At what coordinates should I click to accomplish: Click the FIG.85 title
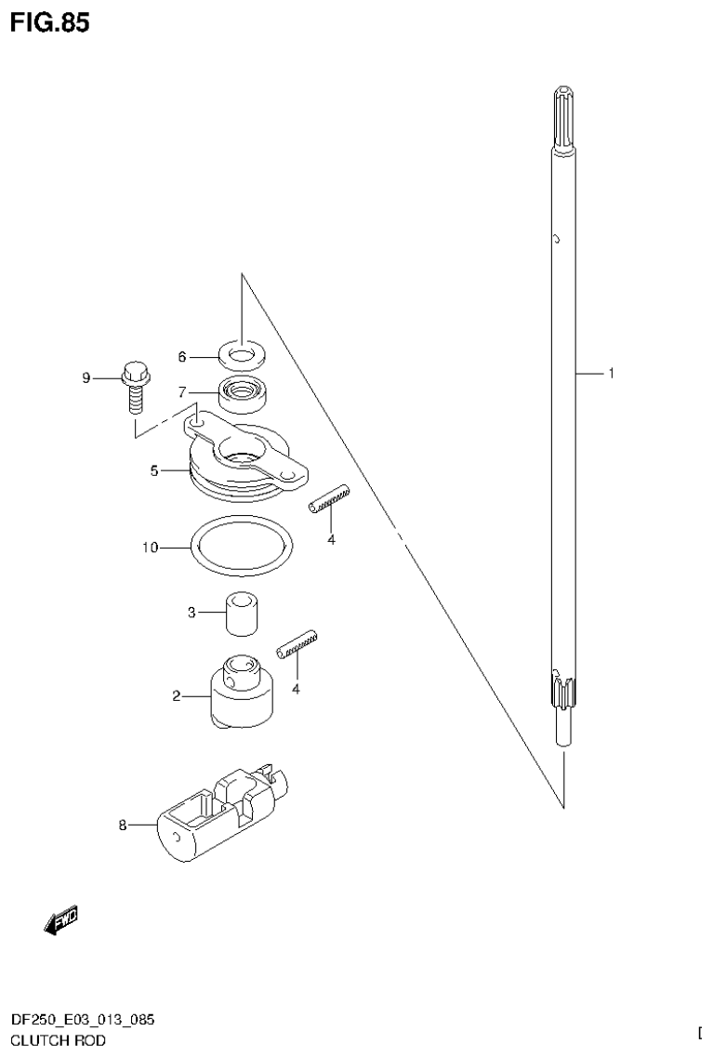point(51,23)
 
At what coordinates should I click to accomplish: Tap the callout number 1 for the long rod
point(611,374)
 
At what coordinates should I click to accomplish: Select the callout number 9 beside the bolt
point(86,377)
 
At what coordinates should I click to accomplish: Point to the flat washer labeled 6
point(242,355)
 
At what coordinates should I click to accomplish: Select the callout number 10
point(150,548)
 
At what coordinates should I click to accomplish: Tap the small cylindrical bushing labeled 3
point(241,613)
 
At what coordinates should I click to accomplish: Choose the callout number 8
point(122,824)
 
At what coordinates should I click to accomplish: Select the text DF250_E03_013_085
point(83,1020)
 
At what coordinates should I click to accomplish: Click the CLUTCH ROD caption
point(58,1040)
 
